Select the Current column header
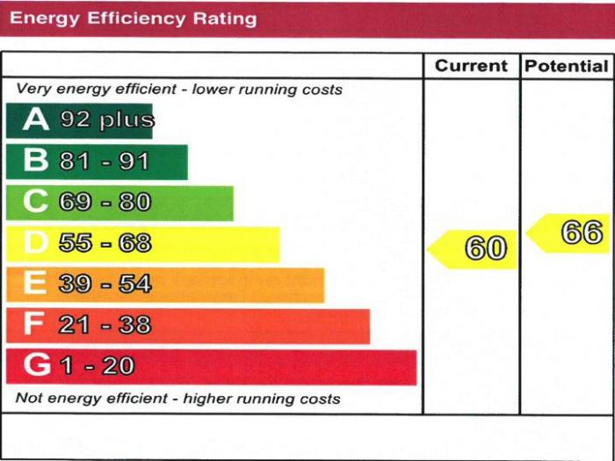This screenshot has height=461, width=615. click(472, 66)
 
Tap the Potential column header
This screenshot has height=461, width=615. click(567, 66)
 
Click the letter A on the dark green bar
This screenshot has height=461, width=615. click(36, 120)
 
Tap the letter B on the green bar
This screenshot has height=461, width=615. click(35, 161)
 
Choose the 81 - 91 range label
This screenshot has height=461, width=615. click(105, 162)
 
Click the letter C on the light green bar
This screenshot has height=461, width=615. click(35, 202)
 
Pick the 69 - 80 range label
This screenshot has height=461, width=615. click(105, 202)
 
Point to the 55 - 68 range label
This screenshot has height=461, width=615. click(105, 243)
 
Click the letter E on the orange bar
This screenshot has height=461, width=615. click(34, 284)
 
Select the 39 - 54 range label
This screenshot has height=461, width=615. click(105, 284)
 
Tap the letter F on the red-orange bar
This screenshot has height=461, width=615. click(34, 325)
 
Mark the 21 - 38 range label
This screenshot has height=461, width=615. click(105, 325)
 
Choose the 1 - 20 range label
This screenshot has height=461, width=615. click(97, 365)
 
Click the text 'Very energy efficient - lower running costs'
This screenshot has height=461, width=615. click(179, 90)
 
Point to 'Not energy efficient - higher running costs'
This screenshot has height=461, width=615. click(177, 399)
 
